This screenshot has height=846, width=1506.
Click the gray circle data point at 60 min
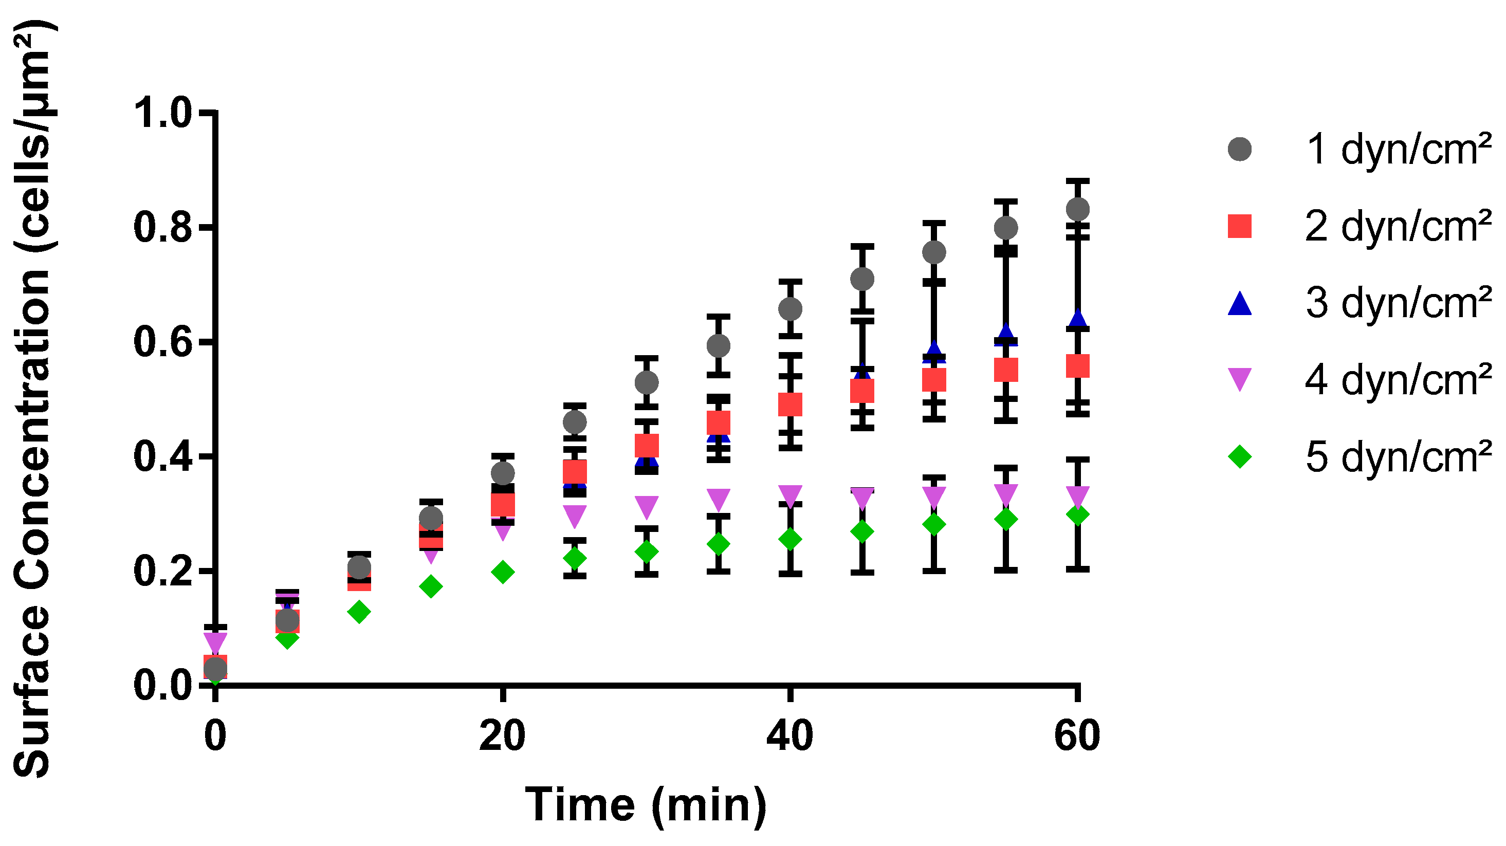click(1077, 209)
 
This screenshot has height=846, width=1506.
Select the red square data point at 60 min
click(1077, 366)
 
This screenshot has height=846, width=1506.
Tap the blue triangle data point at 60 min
click(1077, 319)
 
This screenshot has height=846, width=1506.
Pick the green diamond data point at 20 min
click(502, 572)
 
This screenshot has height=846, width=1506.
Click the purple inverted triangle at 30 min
click(646, 506)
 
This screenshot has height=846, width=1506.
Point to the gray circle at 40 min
click(790, 309)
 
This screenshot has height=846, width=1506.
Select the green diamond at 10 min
click(359, 612)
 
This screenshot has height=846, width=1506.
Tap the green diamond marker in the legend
click(1239, 456)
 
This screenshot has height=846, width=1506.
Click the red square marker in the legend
click(1239, 226)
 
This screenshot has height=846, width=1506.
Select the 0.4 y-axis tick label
click(162, 456)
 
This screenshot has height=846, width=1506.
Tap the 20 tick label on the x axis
click(502, 737)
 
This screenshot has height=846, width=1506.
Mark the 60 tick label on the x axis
click(1077, 737)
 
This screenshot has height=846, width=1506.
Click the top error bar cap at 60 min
click(1077, 181)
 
